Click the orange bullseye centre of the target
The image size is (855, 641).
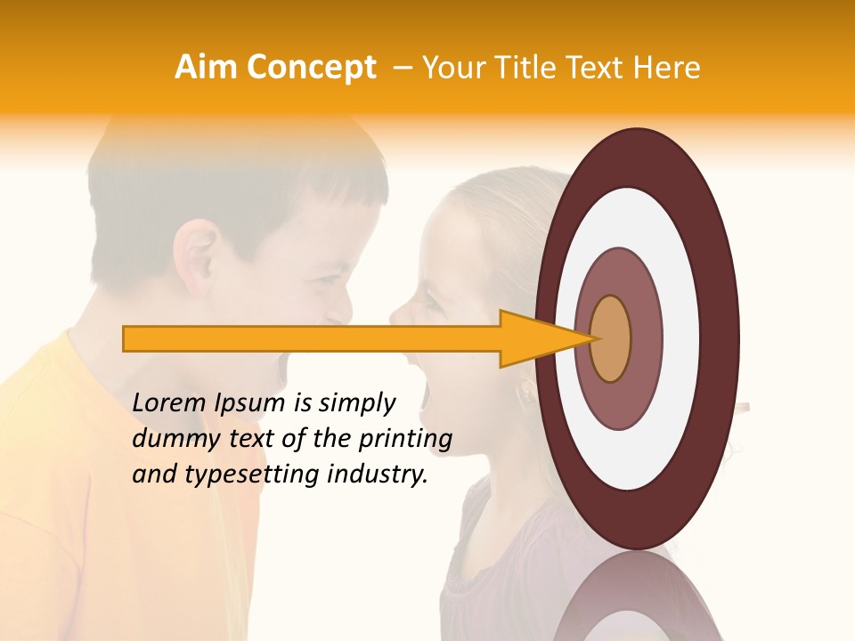pyautogui.click(x=610, y=338)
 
